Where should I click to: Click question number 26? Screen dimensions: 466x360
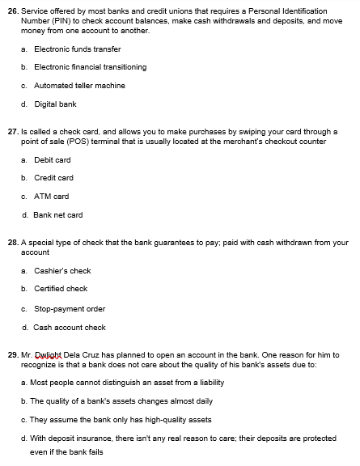pyautogui.click(x=12, y=11)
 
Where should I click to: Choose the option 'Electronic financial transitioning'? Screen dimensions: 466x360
pyautogui.click(x=84, y=67)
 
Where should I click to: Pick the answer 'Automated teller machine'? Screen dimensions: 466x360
pyautogui.click(x=74, y=85)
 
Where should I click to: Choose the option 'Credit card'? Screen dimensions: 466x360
pyautogui.click(x=53, y=178)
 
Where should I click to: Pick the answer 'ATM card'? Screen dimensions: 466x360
pyautogui.click(x=51, y=196)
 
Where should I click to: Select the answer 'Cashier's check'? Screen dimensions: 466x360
pyautogui.click(x=62, y=271)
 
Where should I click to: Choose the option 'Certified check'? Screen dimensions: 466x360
pyautogui.click(x=61, y=289)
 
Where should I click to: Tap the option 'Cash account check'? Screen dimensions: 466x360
pyautogui.click(x=70, y=328)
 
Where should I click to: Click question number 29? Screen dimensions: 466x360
pyautogui.click(x=12, y=354)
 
